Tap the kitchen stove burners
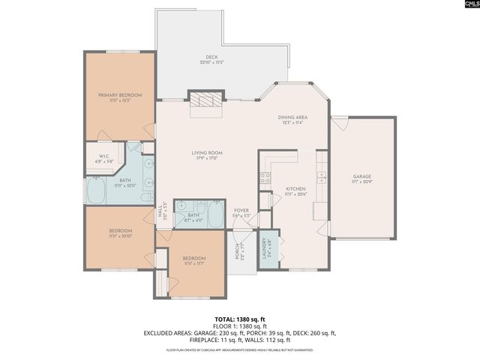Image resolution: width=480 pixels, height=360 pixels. pos(265,178)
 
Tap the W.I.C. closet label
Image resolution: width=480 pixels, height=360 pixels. pos(103,157)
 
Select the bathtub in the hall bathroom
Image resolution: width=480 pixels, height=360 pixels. pos(214,215)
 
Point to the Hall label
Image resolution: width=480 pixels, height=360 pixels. pos(161,213)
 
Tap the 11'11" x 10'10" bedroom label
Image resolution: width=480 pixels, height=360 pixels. pos(120,232)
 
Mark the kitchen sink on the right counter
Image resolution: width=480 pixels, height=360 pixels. pos(322,177)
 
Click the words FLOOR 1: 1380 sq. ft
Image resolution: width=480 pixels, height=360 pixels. pos(240,326)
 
